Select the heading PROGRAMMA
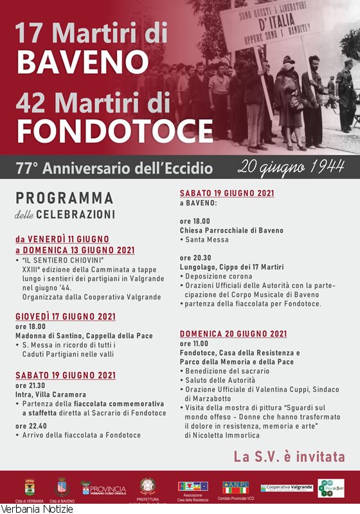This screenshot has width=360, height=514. click(x=64, y=199)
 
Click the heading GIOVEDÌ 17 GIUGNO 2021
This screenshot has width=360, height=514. click(x=66, y=317)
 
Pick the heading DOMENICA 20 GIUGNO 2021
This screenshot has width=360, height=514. click(x=233, y=334)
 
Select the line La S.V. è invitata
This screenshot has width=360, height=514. click(x=289, y=457)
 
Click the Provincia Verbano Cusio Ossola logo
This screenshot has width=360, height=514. click(x=104, y=489)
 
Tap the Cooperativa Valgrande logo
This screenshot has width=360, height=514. click(x=287, y=488)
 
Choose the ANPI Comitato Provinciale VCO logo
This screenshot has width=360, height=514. click(x=235, y=488)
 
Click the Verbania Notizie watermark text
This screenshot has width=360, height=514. click(x=37, y=509)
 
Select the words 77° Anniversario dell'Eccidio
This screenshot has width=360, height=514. click(x=114, y=169)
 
